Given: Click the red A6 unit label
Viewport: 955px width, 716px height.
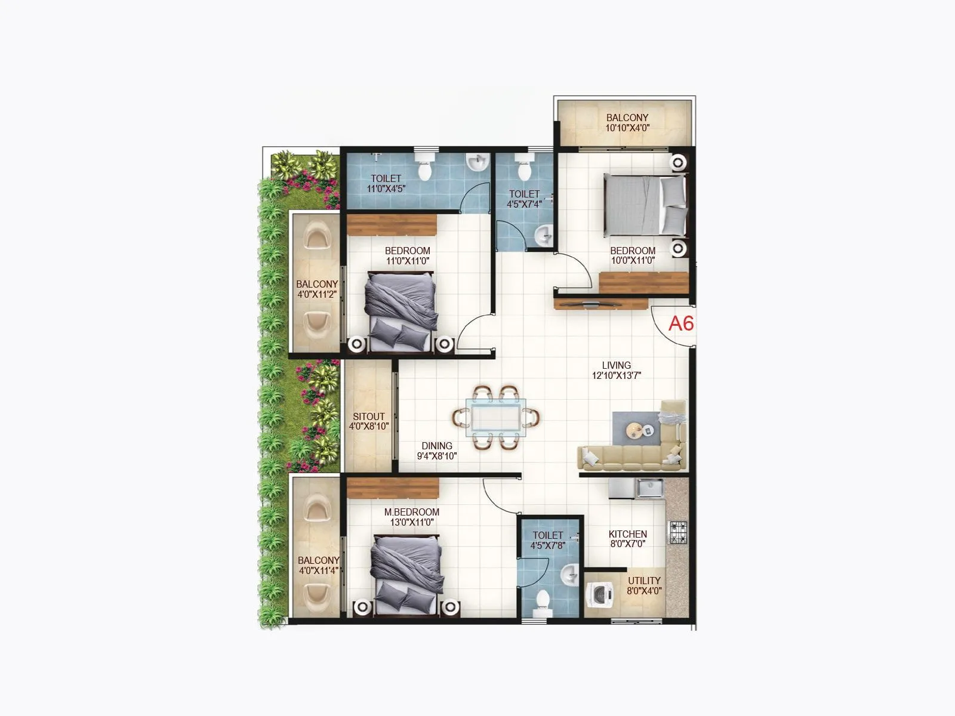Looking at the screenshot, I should pos(680,323).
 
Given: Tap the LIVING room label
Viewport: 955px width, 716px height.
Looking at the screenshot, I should pos(616,365).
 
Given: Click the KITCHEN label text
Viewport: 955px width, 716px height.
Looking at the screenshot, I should pos(627,534).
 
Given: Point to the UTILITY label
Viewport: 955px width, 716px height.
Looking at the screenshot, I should pos(644,581).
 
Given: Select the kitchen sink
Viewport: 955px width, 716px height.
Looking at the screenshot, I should pos(650,488).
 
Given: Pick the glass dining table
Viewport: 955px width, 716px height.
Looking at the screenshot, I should pos(497,415).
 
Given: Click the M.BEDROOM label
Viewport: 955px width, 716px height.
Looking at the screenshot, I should pos(412,512).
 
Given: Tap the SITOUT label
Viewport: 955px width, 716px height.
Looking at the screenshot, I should pos(369,416).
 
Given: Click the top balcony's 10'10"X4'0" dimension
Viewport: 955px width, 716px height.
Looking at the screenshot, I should pos(627,128).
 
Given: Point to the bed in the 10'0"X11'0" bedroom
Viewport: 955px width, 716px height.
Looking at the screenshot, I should pos(645,204).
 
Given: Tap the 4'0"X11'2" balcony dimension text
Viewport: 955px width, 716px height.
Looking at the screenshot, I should pos(318,294).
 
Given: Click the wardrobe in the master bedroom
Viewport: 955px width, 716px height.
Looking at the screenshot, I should pos(393,488).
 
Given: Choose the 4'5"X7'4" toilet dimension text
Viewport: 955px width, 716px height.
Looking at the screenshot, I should pos(524,204).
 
